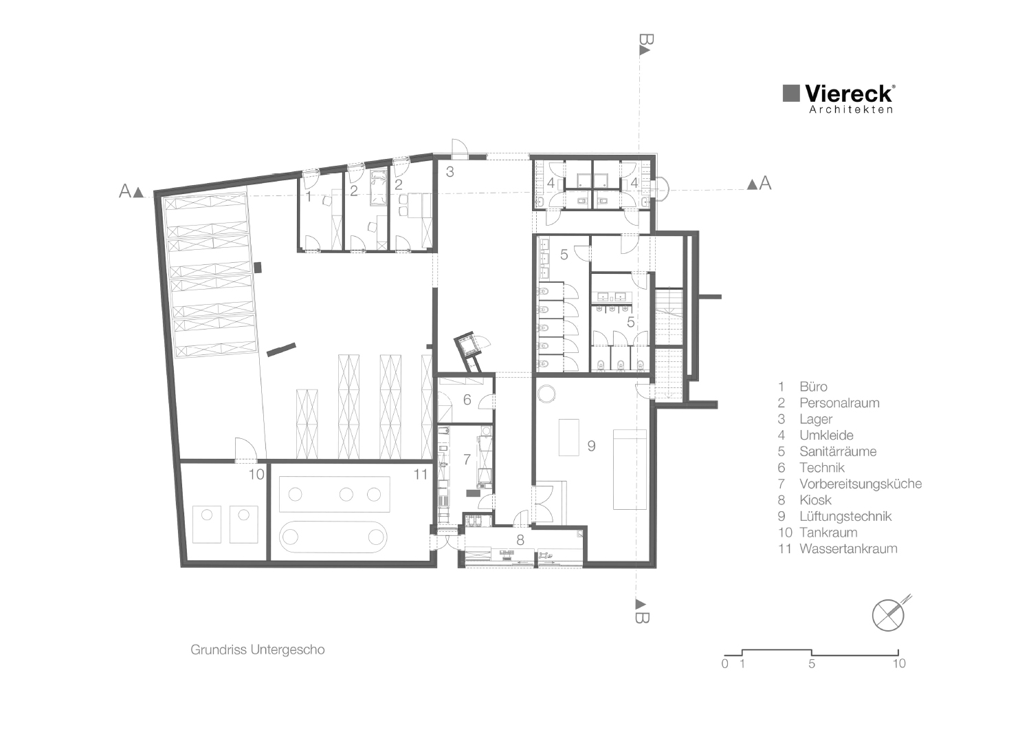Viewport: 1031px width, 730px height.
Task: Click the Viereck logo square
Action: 791,94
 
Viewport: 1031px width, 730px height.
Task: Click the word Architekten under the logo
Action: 851,109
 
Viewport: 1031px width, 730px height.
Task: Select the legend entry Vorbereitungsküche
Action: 860,484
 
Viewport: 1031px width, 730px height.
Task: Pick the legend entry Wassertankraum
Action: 847,548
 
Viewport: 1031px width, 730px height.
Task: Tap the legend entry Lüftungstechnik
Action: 845,516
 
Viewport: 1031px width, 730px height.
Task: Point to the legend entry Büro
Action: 813,387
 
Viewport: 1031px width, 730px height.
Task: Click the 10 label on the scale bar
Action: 899,664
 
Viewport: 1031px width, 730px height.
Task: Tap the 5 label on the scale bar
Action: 812,664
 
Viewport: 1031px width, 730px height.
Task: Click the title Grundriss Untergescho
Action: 257,650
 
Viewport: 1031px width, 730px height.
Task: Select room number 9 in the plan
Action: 591,446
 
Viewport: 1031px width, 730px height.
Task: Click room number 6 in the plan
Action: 467,400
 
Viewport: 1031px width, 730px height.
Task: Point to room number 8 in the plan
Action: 520,540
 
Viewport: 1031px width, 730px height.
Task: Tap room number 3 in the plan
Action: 450,172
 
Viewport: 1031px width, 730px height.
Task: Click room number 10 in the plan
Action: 256,475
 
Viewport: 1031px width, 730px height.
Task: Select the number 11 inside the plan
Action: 421,475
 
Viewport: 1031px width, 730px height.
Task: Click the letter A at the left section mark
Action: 125,191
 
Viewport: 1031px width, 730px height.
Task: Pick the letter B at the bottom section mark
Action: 641,616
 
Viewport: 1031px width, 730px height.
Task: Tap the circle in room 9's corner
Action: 547,394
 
